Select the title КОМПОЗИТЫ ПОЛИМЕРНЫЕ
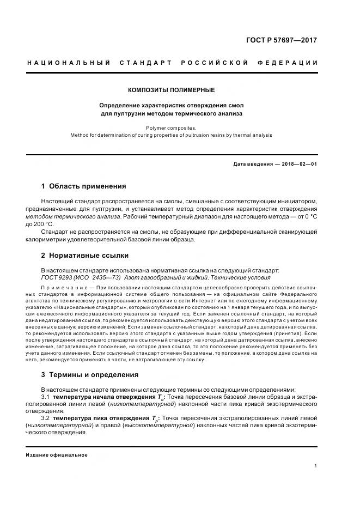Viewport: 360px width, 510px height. pyautogui.click(x=171, y=90)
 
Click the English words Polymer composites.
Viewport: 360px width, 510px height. pyautogui.click(x=171, y=127)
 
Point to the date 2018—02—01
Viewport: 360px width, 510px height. pyautogui.click(x=298, y=163)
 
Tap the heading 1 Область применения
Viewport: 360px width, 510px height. pyautogui.click(x=83, y=186)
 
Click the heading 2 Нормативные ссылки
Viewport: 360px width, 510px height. pyautogui.click(x=85, y=255)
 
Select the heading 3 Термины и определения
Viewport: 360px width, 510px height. pyautogui.click(x=90, y=375)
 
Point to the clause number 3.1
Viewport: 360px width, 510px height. pyautogui.click(x=45, y=397)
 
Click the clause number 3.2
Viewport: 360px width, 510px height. pyautogui.click(x=45, y=418)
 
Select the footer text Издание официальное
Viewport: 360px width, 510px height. pyautogui.click(x=57, y=454)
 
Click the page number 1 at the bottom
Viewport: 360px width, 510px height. pyautogui.click(x=316, y=466)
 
